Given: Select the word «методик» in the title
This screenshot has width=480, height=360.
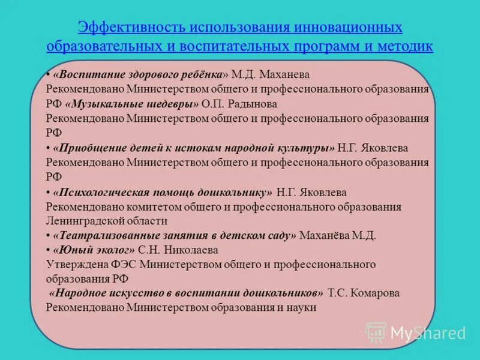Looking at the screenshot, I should pyautogui.click(x=404, y=46).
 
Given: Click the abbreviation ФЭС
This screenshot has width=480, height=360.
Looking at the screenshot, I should pyautogui.click(x=110, y=264).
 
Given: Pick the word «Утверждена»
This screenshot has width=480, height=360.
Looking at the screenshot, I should pyautogui.click(x=70, y=264).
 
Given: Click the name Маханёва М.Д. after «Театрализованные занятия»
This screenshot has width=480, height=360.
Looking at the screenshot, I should pyautogui.click(x=337, y=235).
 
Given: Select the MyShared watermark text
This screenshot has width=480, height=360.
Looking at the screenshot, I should pyautogui.click(x=428, y=333).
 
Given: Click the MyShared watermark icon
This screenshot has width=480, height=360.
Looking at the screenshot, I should pyautogui.click(x=376, y=332).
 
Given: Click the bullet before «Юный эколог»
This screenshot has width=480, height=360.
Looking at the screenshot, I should pyautogui.click(x=48, y=250).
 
